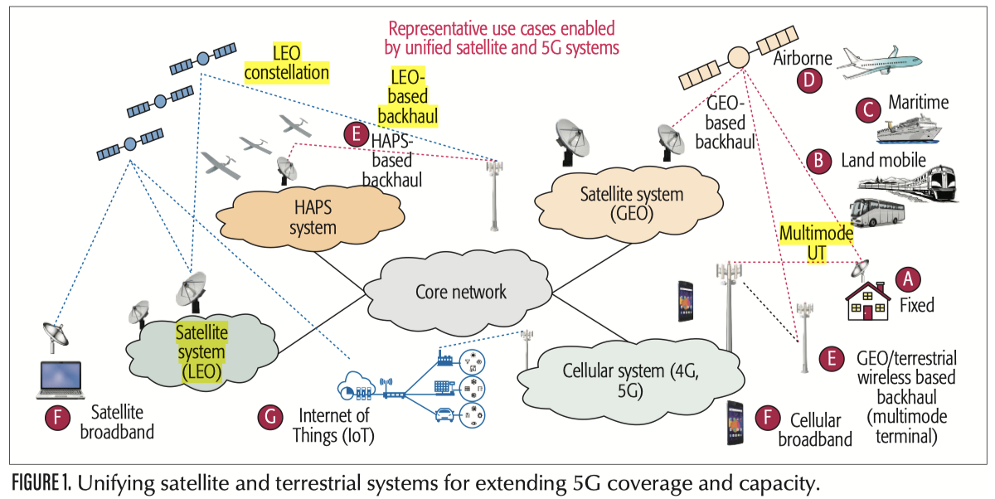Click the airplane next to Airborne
click(880, 60)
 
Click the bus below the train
click(879, 213)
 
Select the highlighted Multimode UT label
click(816, 244)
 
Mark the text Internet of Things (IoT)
click(338, 424)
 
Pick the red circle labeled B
click(820, 160)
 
